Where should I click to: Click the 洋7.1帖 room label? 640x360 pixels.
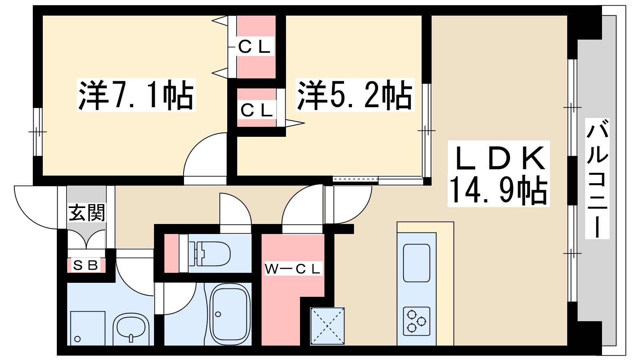click(x=136, y=95)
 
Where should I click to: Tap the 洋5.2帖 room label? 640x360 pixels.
click(x=354, y=95)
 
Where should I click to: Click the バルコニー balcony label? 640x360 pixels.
click(x=597, y=178)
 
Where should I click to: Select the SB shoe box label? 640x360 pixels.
click(x=86, y=265)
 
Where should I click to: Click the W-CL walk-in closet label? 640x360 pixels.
click(x=293, y=269)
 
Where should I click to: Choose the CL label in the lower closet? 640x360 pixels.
click(x=256, y=110)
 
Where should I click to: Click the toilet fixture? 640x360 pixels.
click(x=210, y=254)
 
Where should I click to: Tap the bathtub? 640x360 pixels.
click(x=230, y=314)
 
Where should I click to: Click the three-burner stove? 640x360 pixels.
click(x=416, y=321)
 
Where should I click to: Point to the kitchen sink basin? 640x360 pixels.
click(x=416, y=263)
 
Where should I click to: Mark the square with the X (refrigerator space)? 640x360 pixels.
click(x=328, y=326)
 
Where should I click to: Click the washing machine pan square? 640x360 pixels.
click(x=88, y=328)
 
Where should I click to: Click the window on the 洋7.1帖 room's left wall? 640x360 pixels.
click(x=37, y=132)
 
